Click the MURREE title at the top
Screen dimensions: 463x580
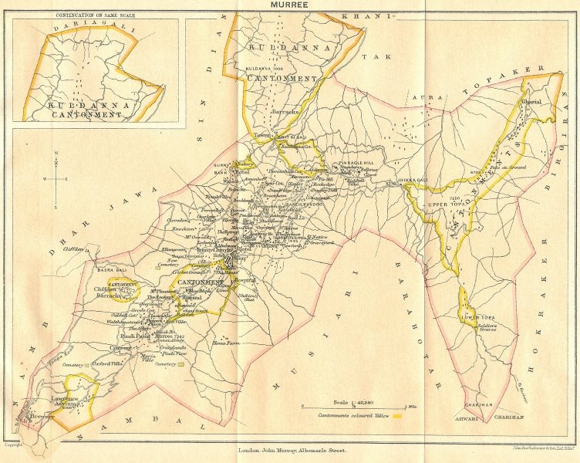(288, 6)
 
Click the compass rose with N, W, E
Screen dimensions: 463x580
(57, 178)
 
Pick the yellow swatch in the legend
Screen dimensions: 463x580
(399, 416)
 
